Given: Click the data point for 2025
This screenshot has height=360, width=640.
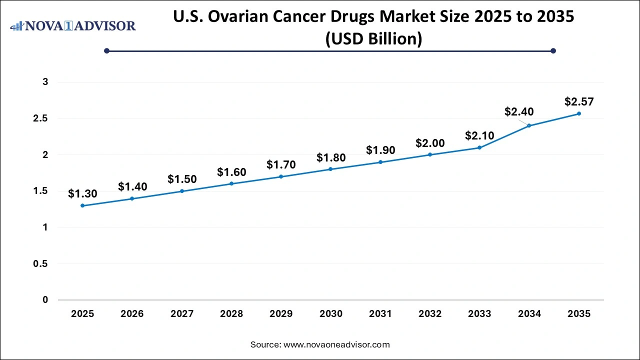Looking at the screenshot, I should coord(82,205).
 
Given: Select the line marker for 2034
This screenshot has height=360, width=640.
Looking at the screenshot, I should coord(529,125).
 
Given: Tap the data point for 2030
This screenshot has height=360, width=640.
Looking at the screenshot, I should coord(330,169).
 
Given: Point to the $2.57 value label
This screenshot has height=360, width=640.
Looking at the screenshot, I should coord(579,101).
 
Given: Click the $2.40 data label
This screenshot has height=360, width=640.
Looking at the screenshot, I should coord(519,112).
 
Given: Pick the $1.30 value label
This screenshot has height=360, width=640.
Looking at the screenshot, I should coord(82,193).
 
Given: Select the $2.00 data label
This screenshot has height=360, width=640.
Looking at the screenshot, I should coord(430,143).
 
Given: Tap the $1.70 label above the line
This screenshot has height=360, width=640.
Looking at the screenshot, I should coord(281,164).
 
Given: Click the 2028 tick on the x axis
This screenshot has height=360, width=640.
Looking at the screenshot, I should coord(231,314).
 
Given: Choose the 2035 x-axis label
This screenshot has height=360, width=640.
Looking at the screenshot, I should coord(579,314).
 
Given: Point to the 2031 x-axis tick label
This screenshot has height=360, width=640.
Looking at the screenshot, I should coord(380,314).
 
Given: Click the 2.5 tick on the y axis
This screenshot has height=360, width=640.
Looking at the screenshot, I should coord(41,118).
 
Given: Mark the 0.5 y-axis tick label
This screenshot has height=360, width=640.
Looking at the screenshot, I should coord(41,263).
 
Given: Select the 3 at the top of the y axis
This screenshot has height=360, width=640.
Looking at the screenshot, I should coord(45,82).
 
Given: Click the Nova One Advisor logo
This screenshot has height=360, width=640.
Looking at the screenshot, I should coord(73,25).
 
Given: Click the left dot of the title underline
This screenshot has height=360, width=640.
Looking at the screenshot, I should coord(106,50).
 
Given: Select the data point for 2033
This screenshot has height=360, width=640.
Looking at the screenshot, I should coord(479,147).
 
